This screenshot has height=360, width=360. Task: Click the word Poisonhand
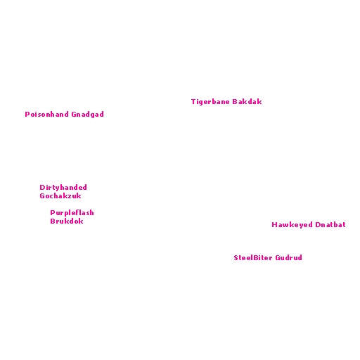pyautogui.click(x=46, y=115)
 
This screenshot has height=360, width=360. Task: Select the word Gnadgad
pyautogui.click(x=87, y=115)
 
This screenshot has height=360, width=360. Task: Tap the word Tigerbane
pyautogui.click(x=210, y=102)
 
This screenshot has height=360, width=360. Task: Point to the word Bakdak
pyautogui.click(x=247, y=102)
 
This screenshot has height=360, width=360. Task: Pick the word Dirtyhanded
pyautogui.click(x=63, y=188)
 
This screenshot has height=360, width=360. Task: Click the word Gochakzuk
pyautogui.click(x=60, y=196)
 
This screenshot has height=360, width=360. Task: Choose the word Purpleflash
pyautogui.click(x=72, y=213)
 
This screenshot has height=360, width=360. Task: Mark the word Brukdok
pyautogui.click(x=67, y=221)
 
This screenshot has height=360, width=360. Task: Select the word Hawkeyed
pyautogui.click(x=292, y=225)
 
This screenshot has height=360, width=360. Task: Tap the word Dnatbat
pyautogui.click(x=330, y=225)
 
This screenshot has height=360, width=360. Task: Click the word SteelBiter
pyautogui.click(x=253, y=258)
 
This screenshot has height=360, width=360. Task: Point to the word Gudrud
pyautogui.click(x=288, y=258)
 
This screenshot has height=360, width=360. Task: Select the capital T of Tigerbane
pyautogui.click(x=193, y=102)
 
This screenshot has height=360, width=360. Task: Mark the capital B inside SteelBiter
pyautogui.click(x=256, y=258)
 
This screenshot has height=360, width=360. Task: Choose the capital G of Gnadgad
pyautogui.click(x=74, y=115)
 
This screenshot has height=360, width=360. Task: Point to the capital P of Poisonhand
pyautogui.click(x=27, y=115)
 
